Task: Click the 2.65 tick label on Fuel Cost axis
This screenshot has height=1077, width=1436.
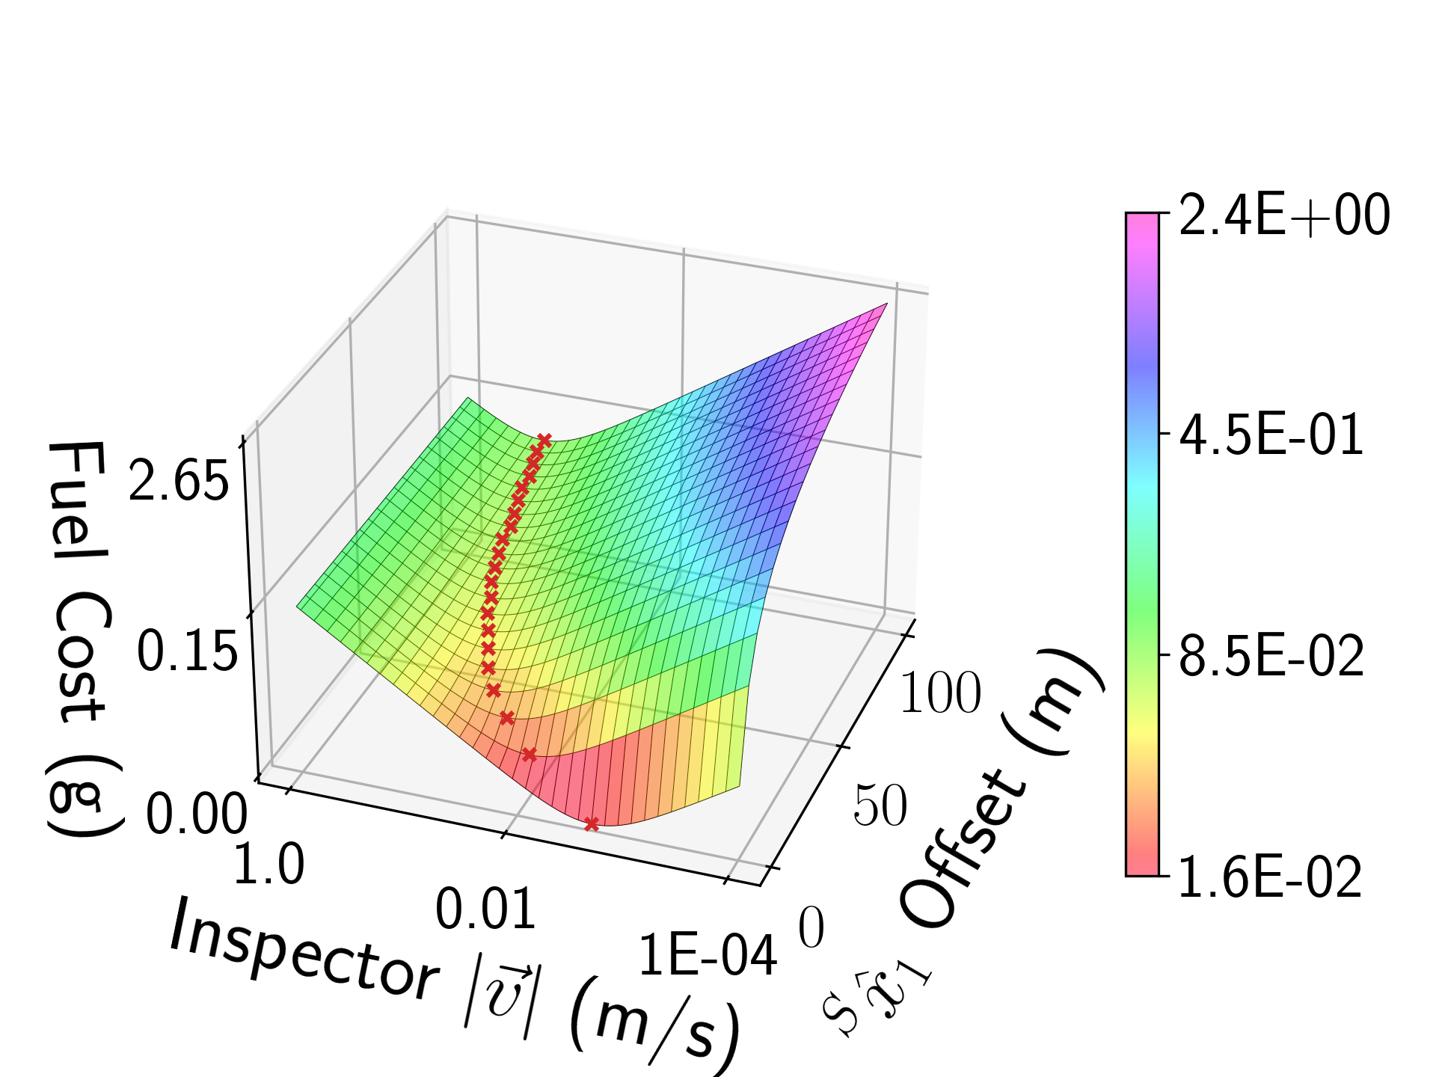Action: pyautogui.click(x=178, y=480)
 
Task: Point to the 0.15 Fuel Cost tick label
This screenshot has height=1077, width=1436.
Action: pyautogui.click(x=186, y=651)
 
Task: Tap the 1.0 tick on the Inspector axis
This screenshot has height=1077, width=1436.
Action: pyautogui.click(x=269, y=865)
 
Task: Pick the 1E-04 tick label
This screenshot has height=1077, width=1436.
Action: pyautogui.click(x=707, y=956)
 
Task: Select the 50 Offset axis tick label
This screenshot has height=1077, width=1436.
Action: pyautogui.click(x=880, y=806)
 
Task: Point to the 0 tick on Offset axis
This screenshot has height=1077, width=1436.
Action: pyautogui.click(x=811, y=927)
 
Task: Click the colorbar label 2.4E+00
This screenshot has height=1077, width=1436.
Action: pyautogui.click(x=1283, y=215)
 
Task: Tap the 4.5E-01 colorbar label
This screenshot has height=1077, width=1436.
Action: pyautogui.click(x=1271, y=435)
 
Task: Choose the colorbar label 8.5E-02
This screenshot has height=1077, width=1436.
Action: pyautogui.click(x=1271, y=657)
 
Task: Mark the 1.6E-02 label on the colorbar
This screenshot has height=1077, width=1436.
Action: pyautogui.click(x=1269, y=877)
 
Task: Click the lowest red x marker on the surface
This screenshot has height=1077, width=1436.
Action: pyautogui.click(x=592, y=824)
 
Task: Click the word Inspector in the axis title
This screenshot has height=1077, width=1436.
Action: pyautogui.click(x=303, y=950)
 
